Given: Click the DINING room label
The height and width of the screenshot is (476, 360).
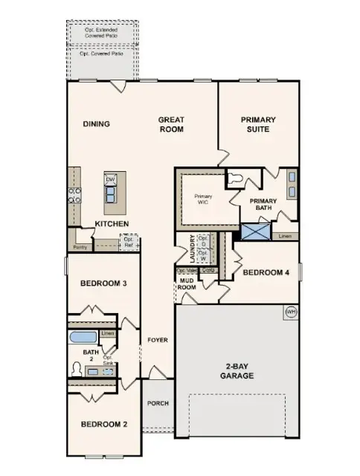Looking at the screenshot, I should coord(96,124).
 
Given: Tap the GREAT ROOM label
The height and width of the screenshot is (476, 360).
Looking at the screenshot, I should coord(171,123).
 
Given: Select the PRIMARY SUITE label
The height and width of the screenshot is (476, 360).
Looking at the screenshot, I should coord(258,124).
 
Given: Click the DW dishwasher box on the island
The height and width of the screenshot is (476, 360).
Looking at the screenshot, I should coord(110,180).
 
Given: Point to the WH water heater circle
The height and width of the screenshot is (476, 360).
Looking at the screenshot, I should coord(291,312).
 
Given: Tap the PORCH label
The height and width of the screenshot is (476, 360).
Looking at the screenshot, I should coord(157,404).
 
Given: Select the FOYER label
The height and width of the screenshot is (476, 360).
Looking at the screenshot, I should coord(157,340).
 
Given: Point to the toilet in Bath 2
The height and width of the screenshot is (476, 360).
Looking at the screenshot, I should coord(77,367).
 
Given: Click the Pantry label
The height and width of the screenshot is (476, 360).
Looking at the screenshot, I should coord(80,247).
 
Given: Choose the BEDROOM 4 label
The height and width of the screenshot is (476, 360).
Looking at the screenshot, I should coord(266,272).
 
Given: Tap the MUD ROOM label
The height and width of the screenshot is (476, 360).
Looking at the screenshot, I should coord(186,283).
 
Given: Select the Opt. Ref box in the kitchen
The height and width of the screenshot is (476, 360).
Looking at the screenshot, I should coord(129,242).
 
